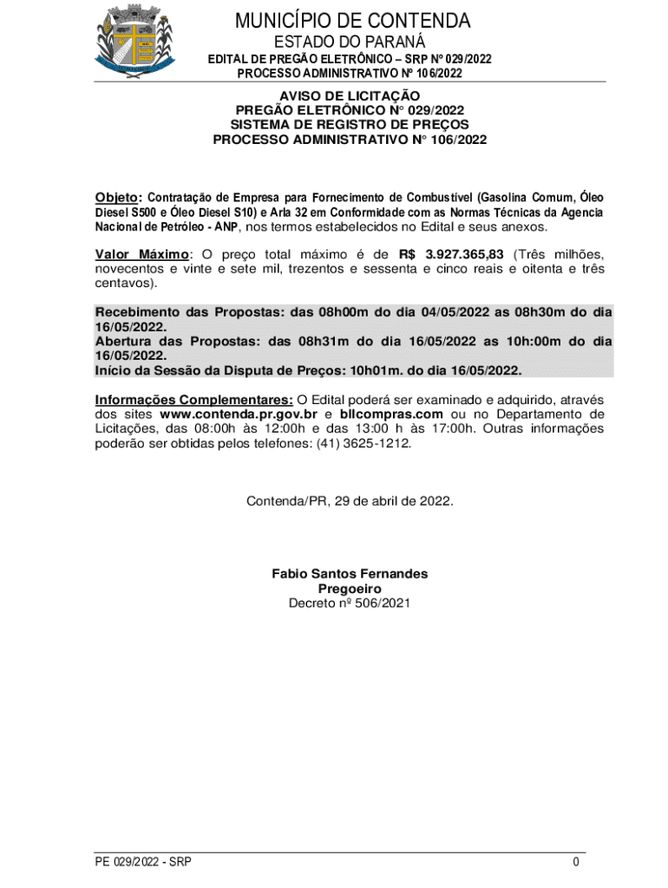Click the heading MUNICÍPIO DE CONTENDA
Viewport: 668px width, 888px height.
click(350, 21)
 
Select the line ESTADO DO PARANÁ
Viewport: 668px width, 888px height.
click(350, 42)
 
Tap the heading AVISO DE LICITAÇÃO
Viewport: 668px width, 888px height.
click(350, 95)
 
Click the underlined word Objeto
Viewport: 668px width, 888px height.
click(116, 198)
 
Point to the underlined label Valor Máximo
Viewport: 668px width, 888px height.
click(141, 254)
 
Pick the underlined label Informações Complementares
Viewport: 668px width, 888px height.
click(193, 400)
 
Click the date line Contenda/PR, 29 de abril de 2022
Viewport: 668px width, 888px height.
click(350, 501)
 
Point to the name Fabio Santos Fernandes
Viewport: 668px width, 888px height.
click(350, 574)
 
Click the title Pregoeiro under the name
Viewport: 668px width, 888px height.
click(350, 589)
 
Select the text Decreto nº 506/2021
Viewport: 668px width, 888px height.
click(350, 603)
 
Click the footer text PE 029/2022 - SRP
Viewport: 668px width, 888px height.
click(143, 862)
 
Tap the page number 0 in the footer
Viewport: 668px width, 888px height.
click(576, 862)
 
